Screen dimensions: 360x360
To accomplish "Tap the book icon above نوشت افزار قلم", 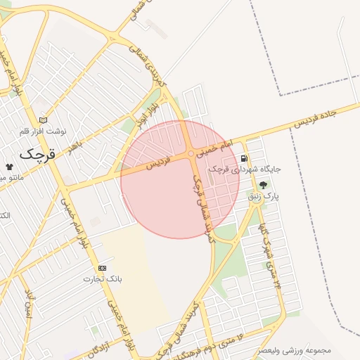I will [44, 120].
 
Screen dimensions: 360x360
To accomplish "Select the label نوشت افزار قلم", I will [44, 131].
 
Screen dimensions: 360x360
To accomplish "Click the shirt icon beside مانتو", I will [9, 166].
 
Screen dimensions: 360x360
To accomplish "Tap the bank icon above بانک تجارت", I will [103, 268].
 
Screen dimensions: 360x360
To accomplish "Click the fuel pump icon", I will [244, 158].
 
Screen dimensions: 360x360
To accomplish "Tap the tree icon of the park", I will [263, 185].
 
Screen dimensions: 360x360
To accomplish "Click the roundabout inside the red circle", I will [191, 153].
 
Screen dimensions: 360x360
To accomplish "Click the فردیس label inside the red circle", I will [159, 162].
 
